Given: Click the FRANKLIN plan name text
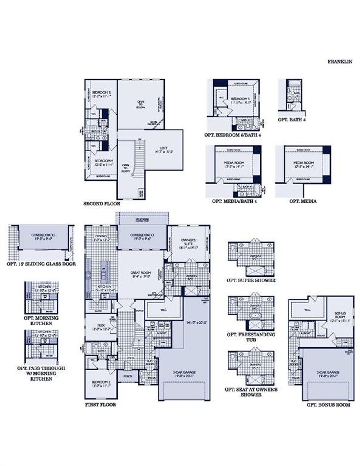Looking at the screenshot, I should point(340,62).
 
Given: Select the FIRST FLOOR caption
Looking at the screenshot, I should point(100,405).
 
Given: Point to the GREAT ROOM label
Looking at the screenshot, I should point(141,273).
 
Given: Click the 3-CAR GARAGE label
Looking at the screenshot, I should point(184,372).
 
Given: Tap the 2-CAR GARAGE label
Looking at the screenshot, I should point(327,372).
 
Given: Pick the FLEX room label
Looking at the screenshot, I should point(101,325).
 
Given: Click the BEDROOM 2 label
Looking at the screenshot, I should point(101,382).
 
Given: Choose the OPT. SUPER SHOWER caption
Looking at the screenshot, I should point(251,280).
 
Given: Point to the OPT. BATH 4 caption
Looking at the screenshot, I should point(292,120).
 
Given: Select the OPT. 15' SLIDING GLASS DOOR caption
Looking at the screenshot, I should point(41,264).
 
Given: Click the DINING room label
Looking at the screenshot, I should point(101,236).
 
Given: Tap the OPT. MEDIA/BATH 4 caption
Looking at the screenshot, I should point(234,201).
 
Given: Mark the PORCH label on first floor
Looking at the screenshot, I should point(128,376).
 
